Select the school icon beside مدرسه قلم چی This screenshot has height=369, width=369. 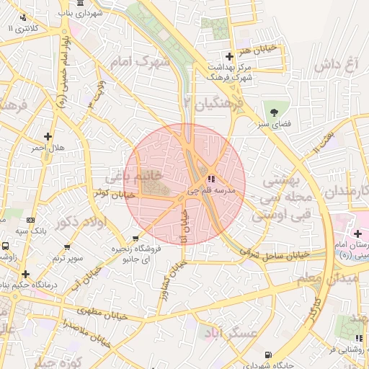point(211,179)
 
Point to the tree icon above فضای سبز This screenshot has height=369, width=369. point(274,111)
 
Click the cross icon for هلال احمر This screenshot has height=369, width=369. point(48,135)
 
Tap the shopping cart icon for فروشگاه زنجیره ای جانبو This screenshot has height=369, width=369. point(135,238)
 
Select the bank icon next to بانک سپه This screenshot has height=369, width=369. point(31,221)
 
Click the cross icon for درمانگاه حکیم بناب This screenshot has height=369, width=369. point(27,274)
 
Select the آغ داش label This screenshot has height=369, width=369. point(336,65)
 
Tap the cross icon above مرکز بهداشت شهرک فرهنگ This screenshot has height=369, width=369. point(229,56)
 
